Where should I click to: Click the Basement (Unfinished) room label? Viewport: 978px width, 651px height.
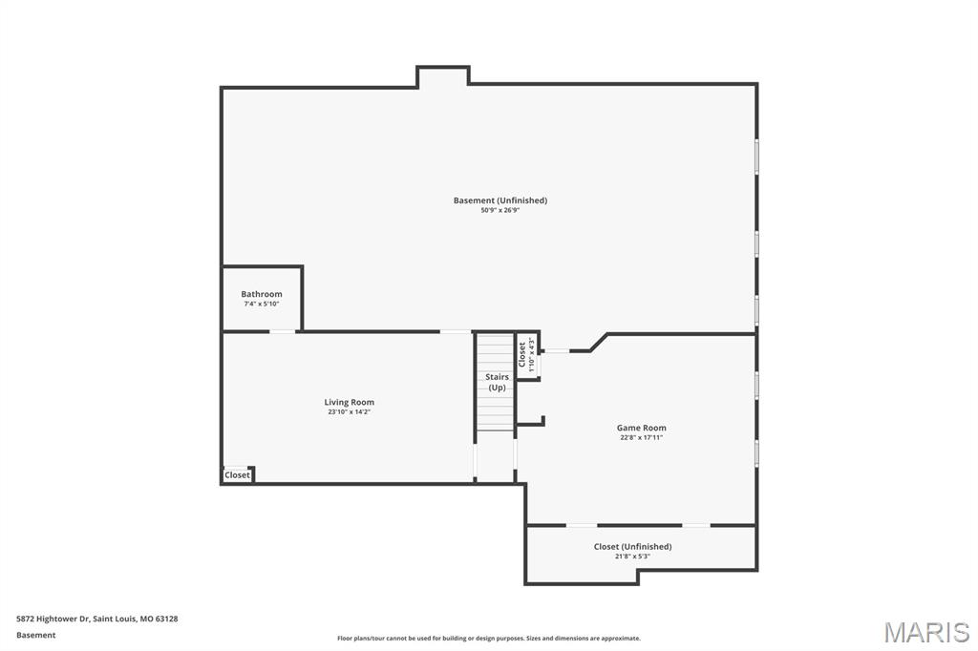point(500,200)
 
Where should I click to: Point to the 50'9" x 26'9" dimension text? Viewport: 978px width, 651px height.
point(500,210)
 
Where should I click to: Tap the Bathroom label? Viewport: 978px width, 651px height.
point(262,294)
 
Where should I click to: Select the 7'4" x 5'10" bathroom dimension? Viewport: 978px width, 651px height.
point(262,304)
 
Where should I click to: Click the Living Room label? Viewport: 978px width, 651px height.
point(350,402)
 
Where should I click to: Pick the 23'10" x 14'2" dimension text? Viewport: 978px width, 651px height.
point(350,412)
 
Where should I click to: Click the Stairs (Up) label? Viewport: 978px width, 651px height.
point(497,382)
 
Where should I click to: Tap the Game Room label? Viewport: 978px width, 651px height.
point(641,428)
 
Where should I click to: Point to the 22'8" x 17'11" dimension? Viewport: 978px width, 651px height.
point(641,437)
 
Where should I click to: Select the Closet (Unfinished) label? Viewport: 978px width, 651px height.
point(632,546)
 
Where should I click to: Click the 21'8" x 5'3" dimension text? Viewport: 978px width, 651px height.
point(632,556)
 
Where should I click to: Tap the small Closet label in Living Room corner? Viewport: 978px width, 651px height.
point(237,474)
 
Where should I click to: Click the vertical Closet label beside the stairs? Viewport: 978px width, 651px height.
point(521,354)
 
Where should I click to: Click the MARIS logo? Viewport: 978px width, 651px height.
point(926,632)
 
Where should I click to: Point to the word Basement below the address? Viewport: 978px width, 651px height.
point(36,635)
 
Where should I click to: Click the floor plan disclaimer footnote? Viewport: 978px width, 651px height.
point(488,639)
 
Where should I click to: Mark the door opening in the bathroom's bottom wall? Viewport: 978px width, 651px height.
point(282,331)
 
